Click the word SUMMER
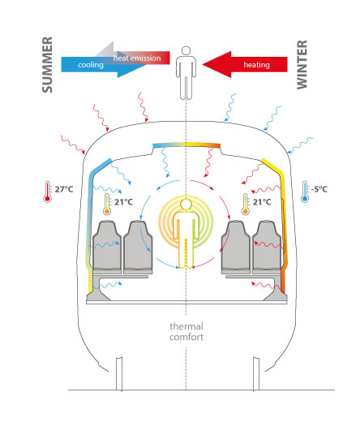click(47, 65)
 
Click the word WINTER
click(302, 65)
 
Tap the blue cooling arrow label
click(91, 65)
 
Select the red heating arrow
click(245, 64)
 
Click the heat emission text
click(137, 58)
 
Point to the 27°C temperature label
click(64, 189)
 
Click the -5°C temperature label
click(319, 189)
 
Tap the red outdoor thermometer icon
click(47, 192)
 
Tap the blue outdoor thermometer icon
click(305, 192)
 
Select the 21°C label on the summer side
click(123, 202)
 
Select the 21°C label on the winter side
click(262, 202)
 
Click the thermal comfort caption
click(186, 331)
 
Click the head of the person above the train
click(186, 51)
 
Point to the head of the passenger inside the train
click(186, 205)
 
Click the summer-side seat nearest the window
click(107, 248)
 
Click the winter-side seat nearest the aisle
click(236, 248)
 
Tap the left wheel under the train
click(119, 374)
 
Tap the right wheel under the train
click(256, 374)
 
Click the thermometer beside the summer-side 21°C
click(107, 205)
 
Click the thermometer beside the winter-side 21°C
click(245, 205)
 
